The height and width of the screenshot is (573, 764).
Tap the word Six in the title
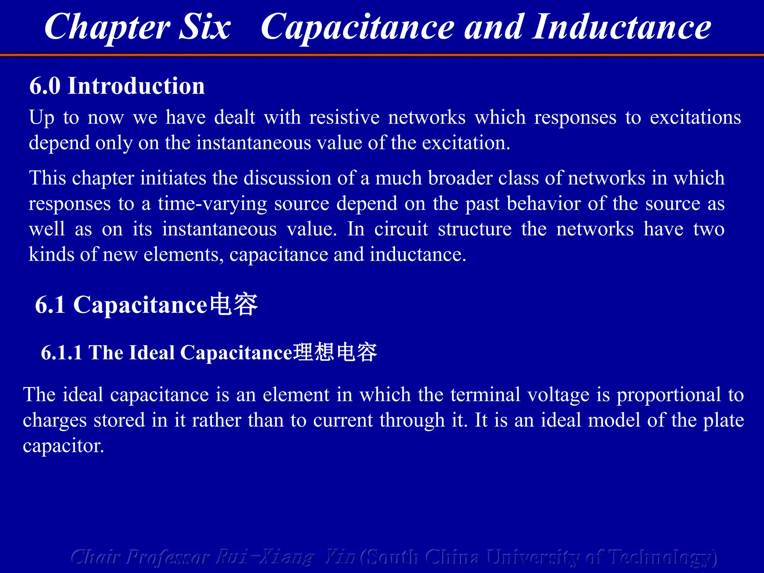tap(205, 27)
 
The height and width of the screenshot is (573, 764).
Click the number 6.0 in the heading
tap(45, 86)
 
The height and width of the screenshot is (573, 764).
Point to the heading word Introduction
tap(136, 86)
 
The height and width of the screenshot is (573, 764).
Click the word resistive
tap(344, 117)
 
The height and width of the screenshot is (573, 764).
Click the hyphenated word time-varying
tap(212, 204)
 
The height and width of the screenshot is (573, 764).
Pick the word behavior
tap(543, 204)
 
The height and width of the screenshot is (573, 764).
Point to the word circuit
tap(401, 229)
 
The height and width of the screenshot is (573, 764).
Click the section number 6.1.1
tap(62, 353)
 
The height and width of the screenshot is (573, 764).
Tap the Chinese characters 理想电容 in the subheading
tap(335, 352)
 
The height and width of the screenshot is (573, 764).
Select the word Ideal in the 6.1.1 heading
tap(151, 353)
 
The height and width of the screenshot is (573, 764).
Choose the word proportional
tap(668, 395)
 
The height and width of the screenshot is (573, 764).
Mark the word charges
tap(54, 420)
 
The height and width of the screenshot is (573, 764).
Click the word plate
tap(723, 420)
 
